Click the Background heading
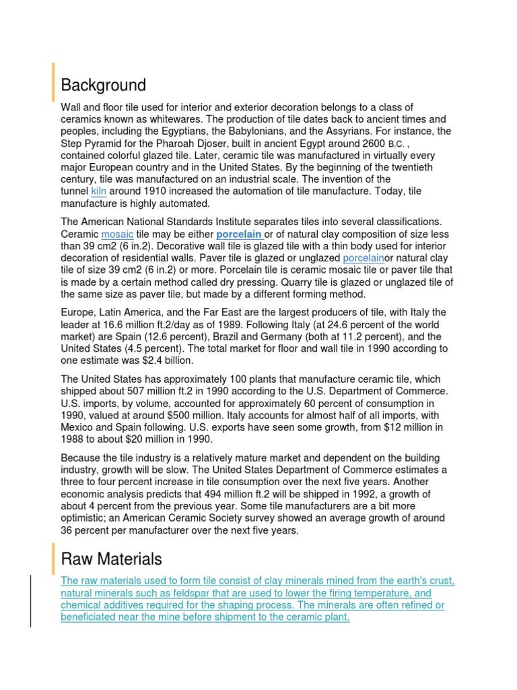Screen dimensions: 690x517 103,86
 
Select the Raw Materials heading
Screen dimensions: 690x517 111,559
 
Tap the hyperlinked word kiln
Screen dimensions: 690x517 98,191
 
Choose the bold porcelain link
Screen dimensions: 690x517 239,234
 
